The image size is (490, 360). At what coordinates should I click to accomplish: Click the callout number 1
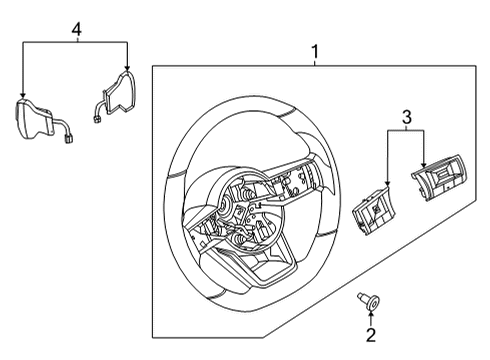[x=315, y=49]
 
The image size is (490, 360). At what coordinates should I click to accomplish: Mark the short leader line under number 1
[x=315, y=61]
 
